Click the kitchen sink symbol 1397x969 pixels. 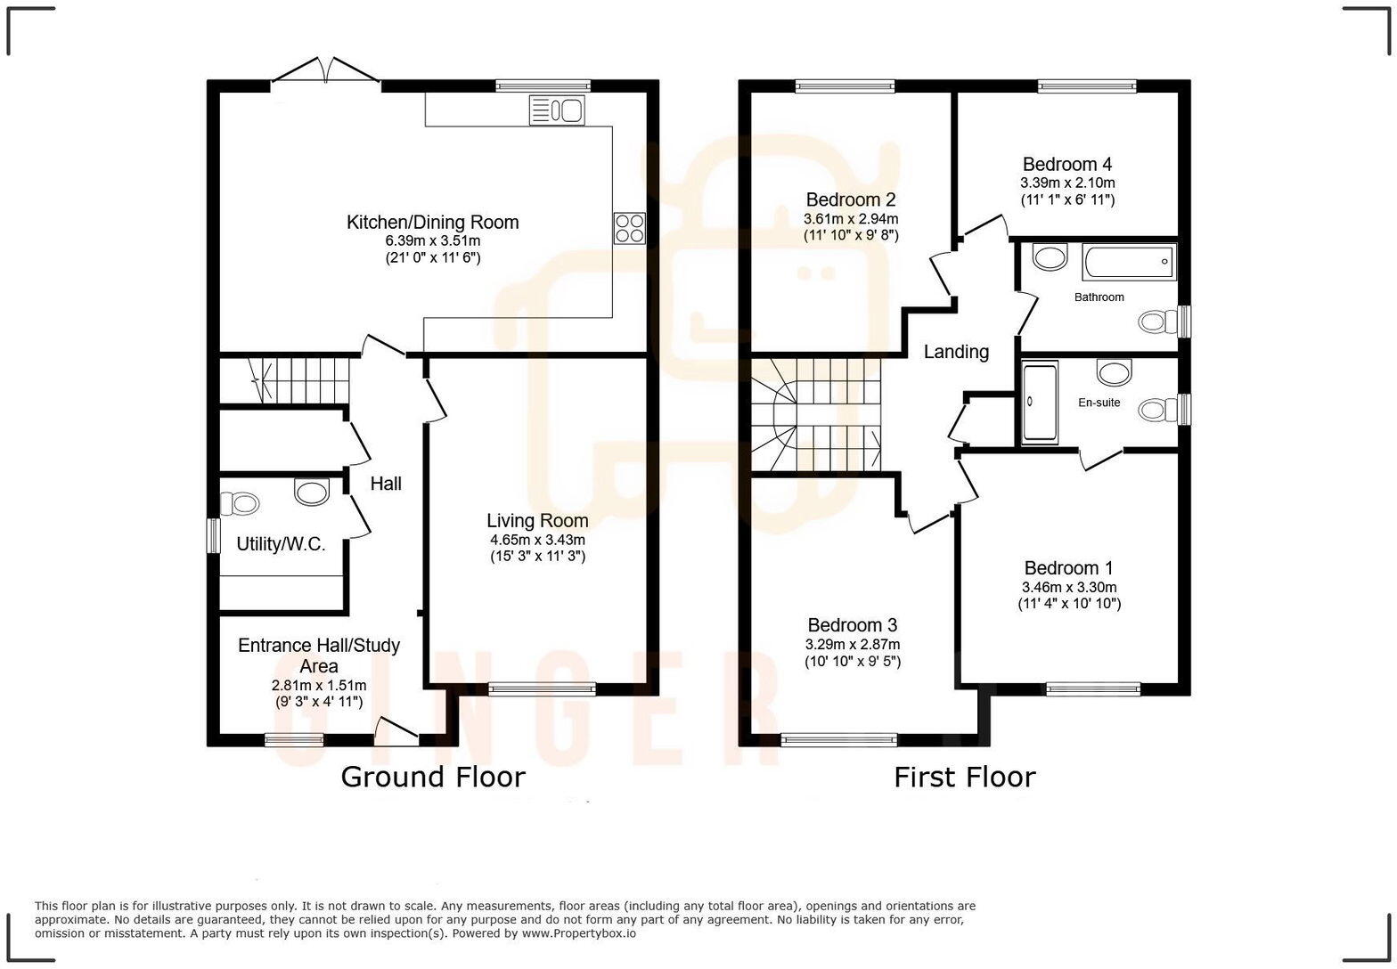(557, 110)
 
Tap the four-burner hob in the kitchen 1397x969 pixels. (629, 229)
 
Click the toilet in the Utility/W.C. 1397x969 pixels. (238, 504)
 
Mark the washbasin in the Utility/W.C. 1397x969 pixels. (311, 492)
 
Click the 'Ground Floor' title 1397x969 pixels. (433, 777)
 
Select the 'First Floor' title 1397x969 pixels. (964, 777)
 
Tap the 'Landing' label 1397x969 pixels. (955, 352)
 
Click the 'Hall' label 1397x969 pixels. (386, 484)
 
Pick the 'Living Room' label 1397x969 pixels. (537, 520)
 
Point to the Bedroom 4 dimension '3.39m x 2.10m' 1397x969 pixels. (1067, 183)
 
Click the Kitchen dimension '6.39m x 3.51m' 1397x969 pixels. (432, 240)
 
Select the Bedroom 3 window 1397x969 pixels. (838, 739)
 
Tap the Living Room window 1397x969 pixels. (542, 688)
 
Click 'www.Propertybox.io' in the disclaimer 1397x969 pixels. (578, 933)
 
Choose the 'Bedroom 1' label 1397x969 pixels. (1068, 568)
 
